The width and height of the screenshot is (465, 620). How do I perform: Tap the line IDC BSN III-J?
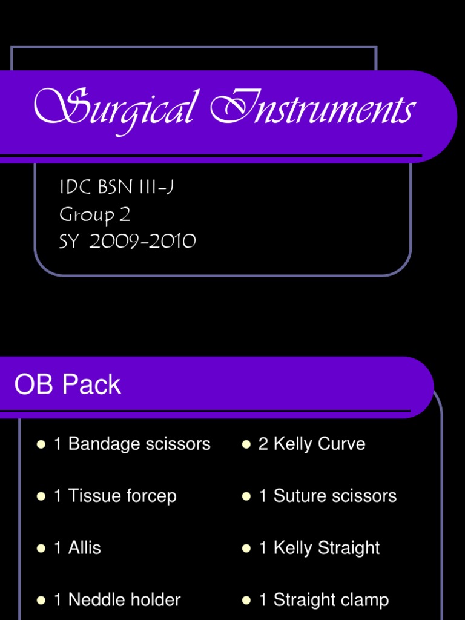point(116,188)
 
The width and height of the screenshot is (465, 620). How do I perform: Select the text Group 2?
point(94,215)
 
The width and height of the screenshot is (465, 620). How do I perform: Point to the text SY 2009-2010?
point(127,242)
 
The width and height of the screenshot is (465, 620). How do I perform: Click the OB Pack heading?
point(68,385)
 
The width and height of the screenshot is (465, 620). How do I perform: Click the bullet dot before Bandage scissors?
point(41,444)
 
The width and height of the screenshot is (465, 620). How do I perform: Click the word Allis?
point(84,549)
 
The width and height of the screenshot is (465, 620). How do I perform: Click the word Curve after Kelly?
point(341,444)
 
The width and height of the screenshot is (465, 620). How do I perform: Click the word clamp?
point(364,600)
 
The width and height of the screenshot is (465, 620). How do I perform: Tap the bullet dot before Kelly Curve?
point(246,444)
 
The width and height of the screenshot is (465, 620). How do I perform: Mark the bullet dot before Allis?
point(41,549)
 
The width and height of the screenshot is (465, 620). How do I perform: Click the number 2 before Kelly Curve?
point(263,444)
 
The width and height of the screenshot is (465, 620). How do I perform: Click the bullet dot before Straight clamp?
point(246,601)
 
